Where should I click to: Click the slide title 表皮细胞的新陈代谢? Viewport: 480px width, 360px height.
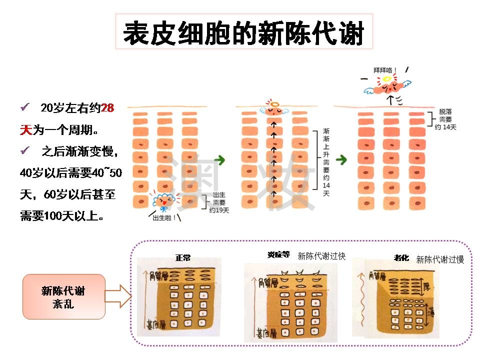243,33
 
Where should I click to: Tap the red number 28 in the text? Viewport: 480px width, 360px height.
107,108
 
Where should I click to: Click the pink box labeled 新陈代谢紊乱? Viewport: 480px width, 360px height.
63,296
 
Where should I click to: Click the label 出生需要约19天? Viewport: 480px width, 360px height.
218,202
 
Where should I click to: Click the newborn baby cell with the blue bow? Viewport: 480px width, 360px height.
163,201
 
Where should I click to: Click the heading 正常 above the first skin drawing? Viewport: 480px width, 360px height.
183,258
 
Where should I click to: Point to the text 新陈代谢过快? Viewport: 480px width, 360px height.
321,256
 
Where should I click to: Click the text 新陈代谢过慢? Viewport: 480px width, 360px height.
440,259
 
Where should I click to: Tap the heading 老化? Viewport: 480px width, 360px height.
401,258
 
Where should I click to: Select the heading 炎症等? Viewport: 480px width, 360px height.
278,254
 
